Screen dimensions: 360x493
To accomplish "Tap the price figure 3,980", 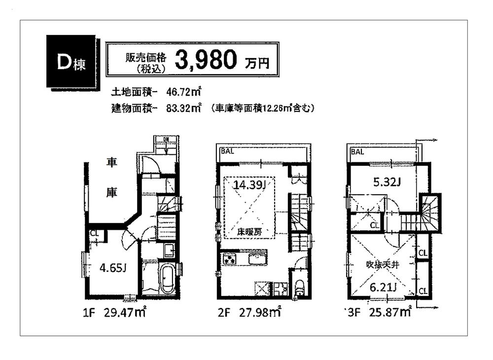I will pos(207,60).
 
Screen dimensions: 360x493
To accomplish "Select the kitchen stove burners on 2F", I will pos(230,259).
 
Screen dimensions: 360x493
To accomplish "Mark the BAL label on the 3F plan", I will pos(357,152).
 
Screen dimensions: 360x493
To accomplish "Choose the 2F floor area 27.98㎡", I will pos(259,312).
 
